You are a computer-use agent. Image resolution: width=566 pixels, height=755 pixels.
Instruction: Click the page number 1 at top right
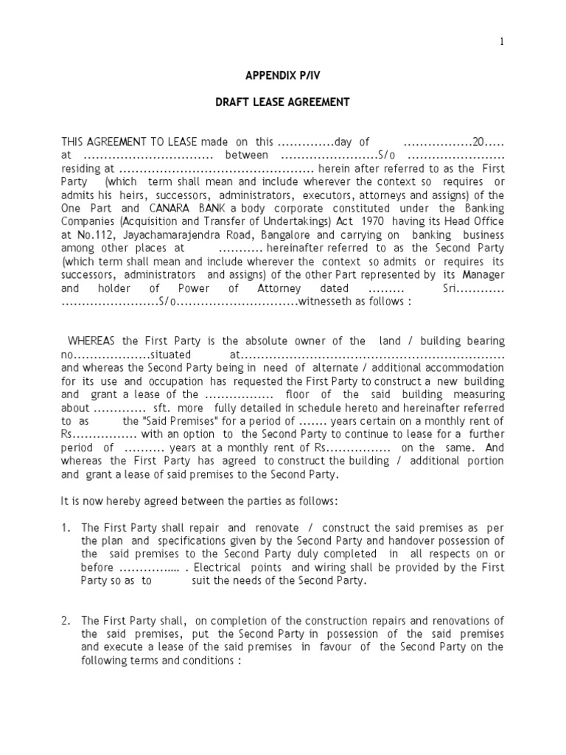coord(502,42)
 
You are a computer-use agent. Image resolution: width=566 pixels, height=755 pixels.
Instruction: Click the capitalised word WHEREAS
coord(94,341)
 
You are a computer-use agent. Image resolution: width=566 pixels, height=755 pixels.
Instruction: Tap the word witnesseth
coord(327,301)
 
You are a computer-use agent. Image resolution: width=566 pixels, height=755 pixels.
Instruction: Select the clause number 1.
coord(66,528)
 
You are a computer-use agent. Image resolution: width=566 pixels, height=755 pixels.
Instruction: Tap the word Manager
coord(483,275)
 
